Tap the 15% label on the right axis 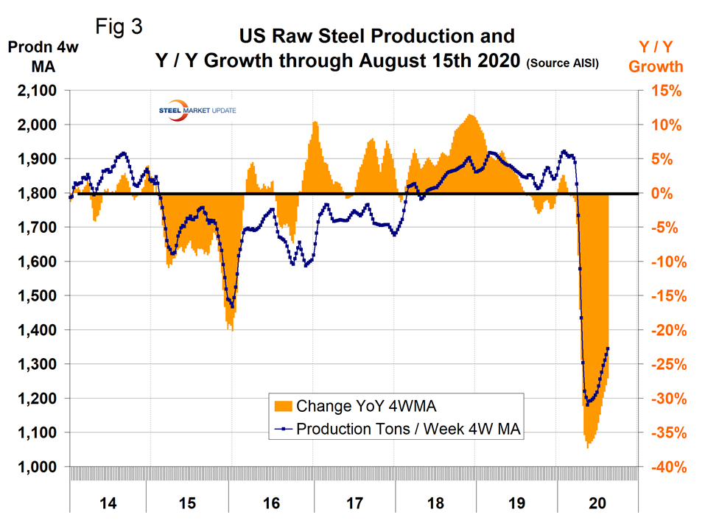(x=665, y=91)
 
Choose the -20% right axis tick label (x=667, y=331)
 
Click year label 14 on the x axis (x=108, y=504)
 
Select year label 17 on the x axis (x=354, y=504)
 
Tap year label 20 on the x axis (x=597, y=504)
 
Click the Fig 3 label (x=119, y=27)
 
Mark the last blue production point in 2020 (x=608, y=348)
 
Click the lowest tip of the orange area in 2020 (x=587, y=448)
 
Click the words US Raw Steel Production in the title (x=375, y=35)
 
